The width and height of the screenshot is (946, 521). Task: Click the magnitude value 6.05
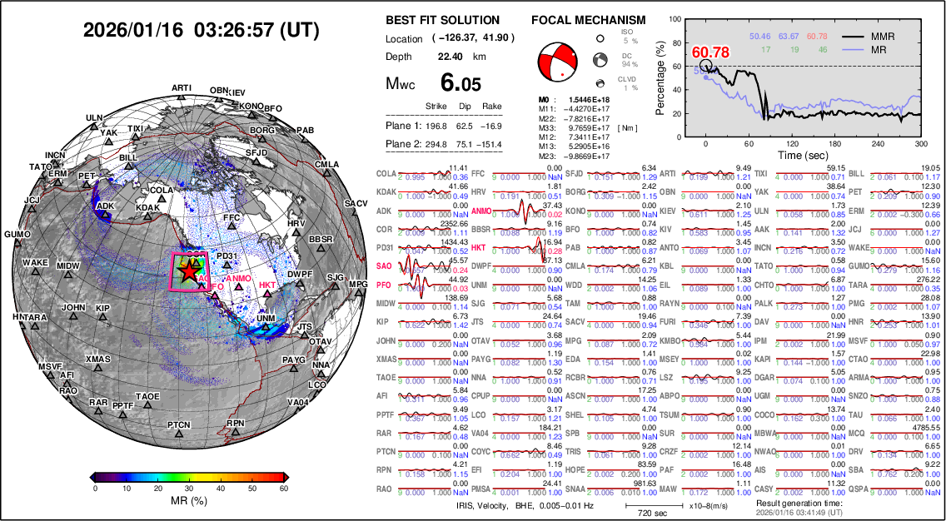[x=461, y=83]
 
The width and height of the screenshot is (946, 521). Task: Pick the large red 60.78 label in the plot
[x=711, y=53]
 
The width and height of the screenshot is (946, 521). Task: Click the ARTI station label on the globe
[x=182, y=88]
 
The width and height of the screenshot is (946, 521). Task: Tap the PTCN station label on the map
[x=178, y=425]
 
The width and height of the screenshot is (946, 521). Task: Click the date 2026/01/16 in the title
[x=132, y=30]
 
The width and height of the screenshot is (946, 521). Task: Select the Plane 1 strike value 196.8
[x=436, y=126]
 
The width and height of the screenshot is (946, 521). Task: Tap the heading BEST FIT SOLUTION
[x=443, y=20]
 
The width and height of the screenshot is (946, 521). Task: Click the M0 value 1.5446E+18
[x=585, y=99]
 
